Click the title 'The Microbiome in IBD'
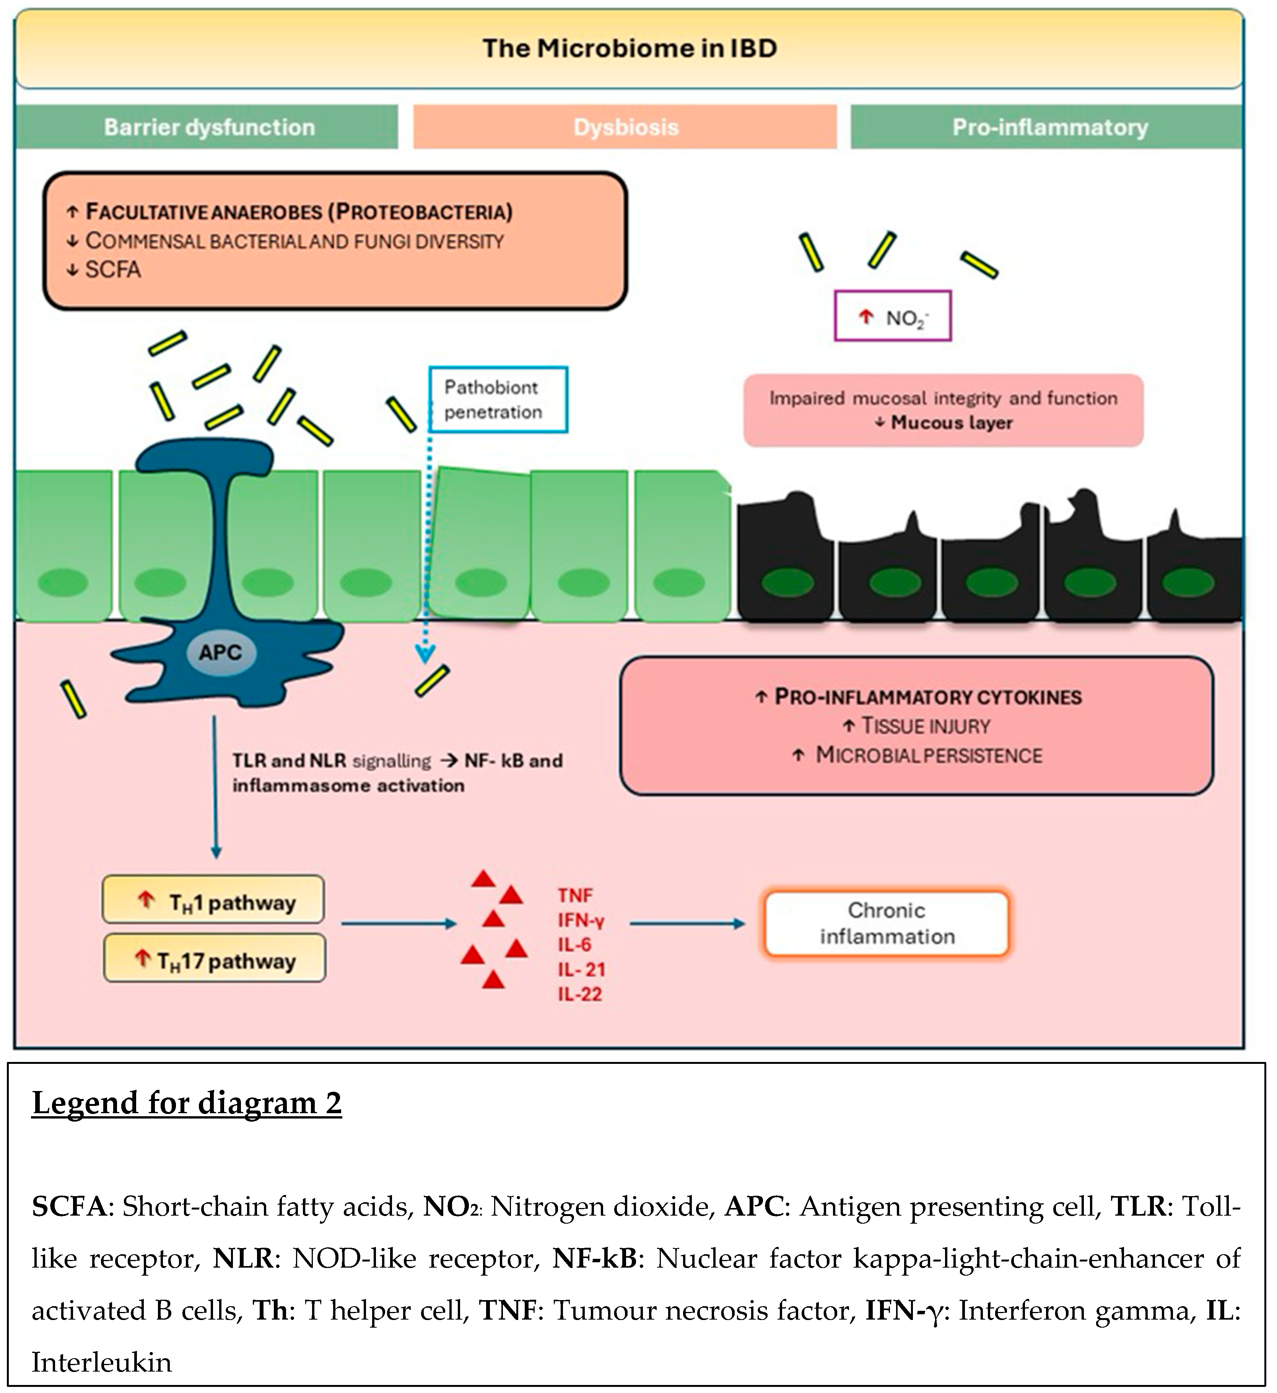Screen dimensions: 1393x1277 pyautogui.click(x=629, y=49)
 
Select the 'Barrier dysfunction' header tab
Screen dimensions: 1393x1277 pyautogui.click(x=209, y=127)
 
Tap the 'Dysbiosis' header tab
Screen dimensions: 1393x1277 pyautogui.click(x=626, y=127)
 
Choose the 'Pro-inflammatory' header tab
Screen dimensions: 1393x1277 pyautogui.click(x=1049, y=127)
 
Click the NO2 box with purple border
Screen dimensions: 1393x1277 pyautogui.click(x=893, y=317)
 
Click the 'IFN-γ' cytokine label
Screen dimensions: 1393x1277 pyautogui.click(x=581, y=921)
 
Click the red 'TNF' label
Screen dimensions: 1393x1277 pyautogui.click(x=575, y=896)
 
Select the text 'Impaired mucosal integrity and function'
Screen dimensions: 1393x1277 pyautogui.click(x=943, y=399)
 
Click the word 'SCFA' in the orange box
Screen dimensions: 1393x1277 pyautogui.click(x=113, y=270)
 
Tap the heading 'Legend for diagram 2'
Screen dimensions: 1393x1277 pyautogui.click(x=187, y=1104)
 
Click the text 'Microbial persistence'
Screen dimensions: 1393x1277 pyautogui.click(x=929, y=755)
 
